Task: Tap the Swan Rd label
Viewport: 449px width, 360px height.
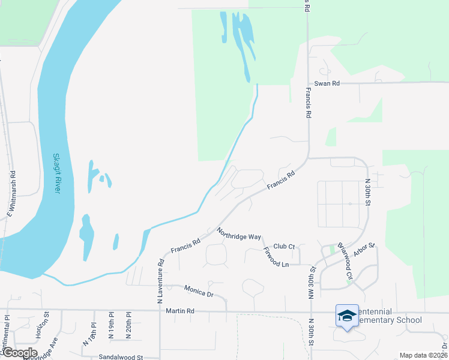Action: point(327,83)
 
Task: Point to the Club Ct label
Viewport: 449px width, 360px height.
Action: point(284,247)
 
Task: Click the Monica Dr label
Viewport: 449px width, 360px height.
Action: point(199,292)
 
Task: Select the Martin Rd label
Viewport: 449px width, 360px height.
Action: point(180,311)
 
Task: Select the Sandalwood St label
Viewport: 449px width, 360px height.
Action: point(121,357)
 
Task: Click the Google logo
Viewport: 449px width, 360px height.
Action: point(20,353)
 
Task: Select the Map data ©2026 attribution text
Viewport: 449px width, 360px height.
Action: point(423,355)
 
